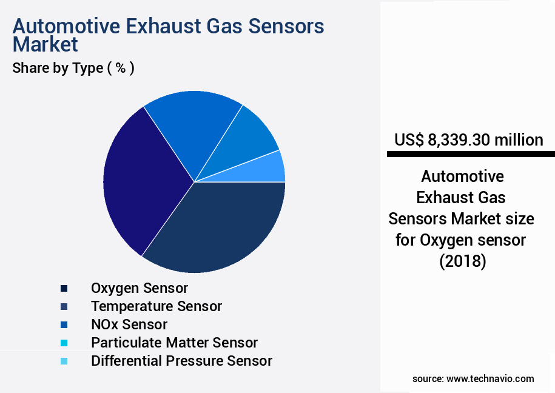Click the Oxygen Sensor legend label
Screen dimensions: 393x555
(x=140, y=287)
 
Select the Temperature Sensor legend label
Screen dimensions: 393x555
(x=156, y=306)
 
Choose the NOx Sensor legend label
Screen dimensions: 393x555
(x=129, y=324)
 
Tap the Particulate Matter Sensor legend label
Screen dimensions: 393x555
(x=174, y=343)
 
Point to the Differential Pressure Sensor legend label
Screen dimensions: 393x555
(x=181, y=361)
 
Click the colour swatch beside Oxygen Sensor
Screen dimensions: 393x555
(x=64, y=288)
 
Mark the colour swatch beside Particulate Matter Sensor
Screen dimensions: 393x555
(x=64, y=343)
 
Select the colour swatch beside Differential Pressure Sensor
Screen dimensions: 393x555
(x=64, y=361)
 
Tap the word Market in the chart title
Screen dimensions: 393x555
(x=45, y=45)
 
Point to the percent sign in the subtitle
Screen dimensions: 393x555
(x=121, y=68)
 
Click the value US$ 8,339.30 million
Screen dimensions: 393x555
(x=468, y=140)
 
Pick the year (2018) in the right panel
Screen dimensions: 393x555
(x=462, y=262)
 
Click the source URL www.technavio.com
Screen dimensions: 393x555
(x=490, y=378)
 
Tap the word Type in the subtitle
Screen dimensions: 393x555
(x=87, y=69)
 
